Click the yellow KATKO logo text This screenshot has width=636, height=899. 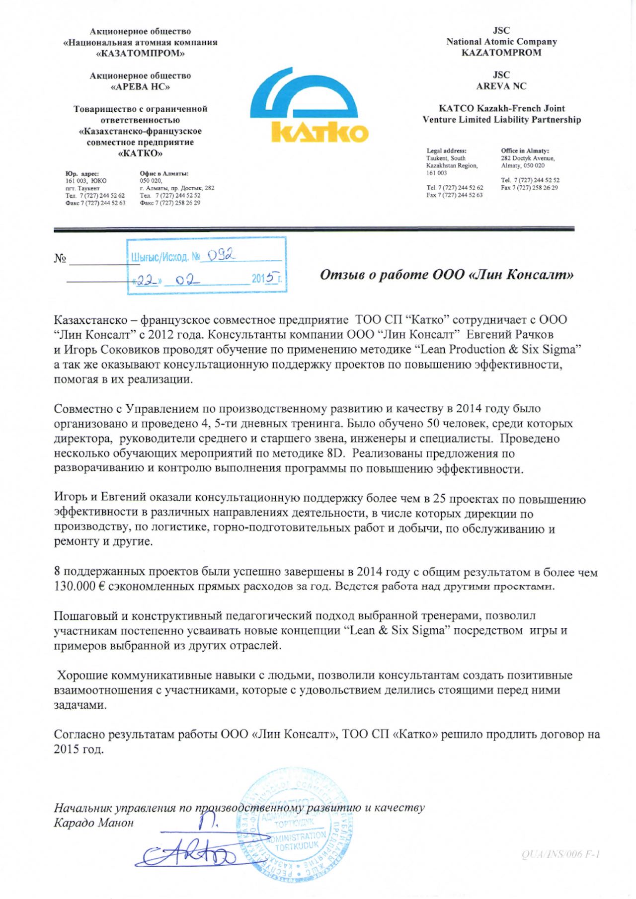(320, 132)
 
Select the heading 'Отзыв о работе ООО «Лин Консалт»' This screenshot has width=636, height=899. (446, 275)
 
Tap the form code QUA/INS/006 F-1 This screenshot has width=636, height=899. (561, 854)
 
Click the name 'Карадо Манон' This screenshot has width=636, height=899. (93, 823)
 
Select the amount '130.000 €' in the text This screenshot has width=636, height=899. (79, 587)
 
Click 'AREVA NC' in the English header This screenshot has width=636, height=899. (501, 86)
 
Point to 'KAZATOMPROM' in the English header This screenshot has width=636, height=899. (501, 53)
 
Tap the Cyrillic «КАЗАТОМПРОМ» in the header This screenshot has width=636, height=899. (140, 54)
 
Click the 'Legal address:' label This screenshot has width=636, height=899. (446, 150)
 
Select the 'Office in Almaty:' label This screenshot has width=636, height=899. (525, 150)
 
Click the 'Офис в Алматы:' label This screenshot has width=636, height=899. (164, 173)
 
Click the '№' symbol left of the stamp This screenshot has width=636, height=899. (60, 259)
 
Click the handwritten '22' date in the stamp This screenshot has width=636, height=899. (146, 280)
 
